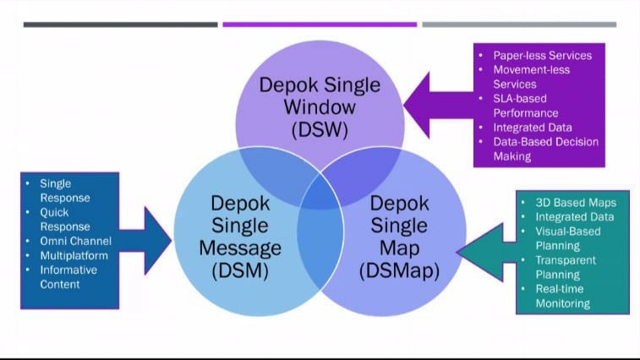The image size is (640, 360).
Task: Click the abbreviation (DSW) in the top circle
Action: pyautogui.click(x=320, y=130)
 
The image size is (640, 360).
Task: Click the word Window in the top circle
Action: pyautogui.click(x=320, y=108)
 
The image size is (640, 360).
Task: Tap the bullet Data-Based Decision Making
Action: pyautogui.click(x=545, y=149)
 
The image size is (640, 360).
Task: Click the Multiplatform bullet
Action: pyautogui.click(x=68, y=256)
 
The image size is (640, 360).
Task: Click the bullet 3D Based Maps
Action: pyautogui.click(x=576, y=203)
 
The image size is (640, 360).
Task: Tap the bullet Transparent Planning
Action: pyautogui.click(x=565, y=267)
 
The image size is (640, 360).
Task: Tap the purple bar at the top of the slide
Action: pyautogui.click(x=320, y=25)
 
